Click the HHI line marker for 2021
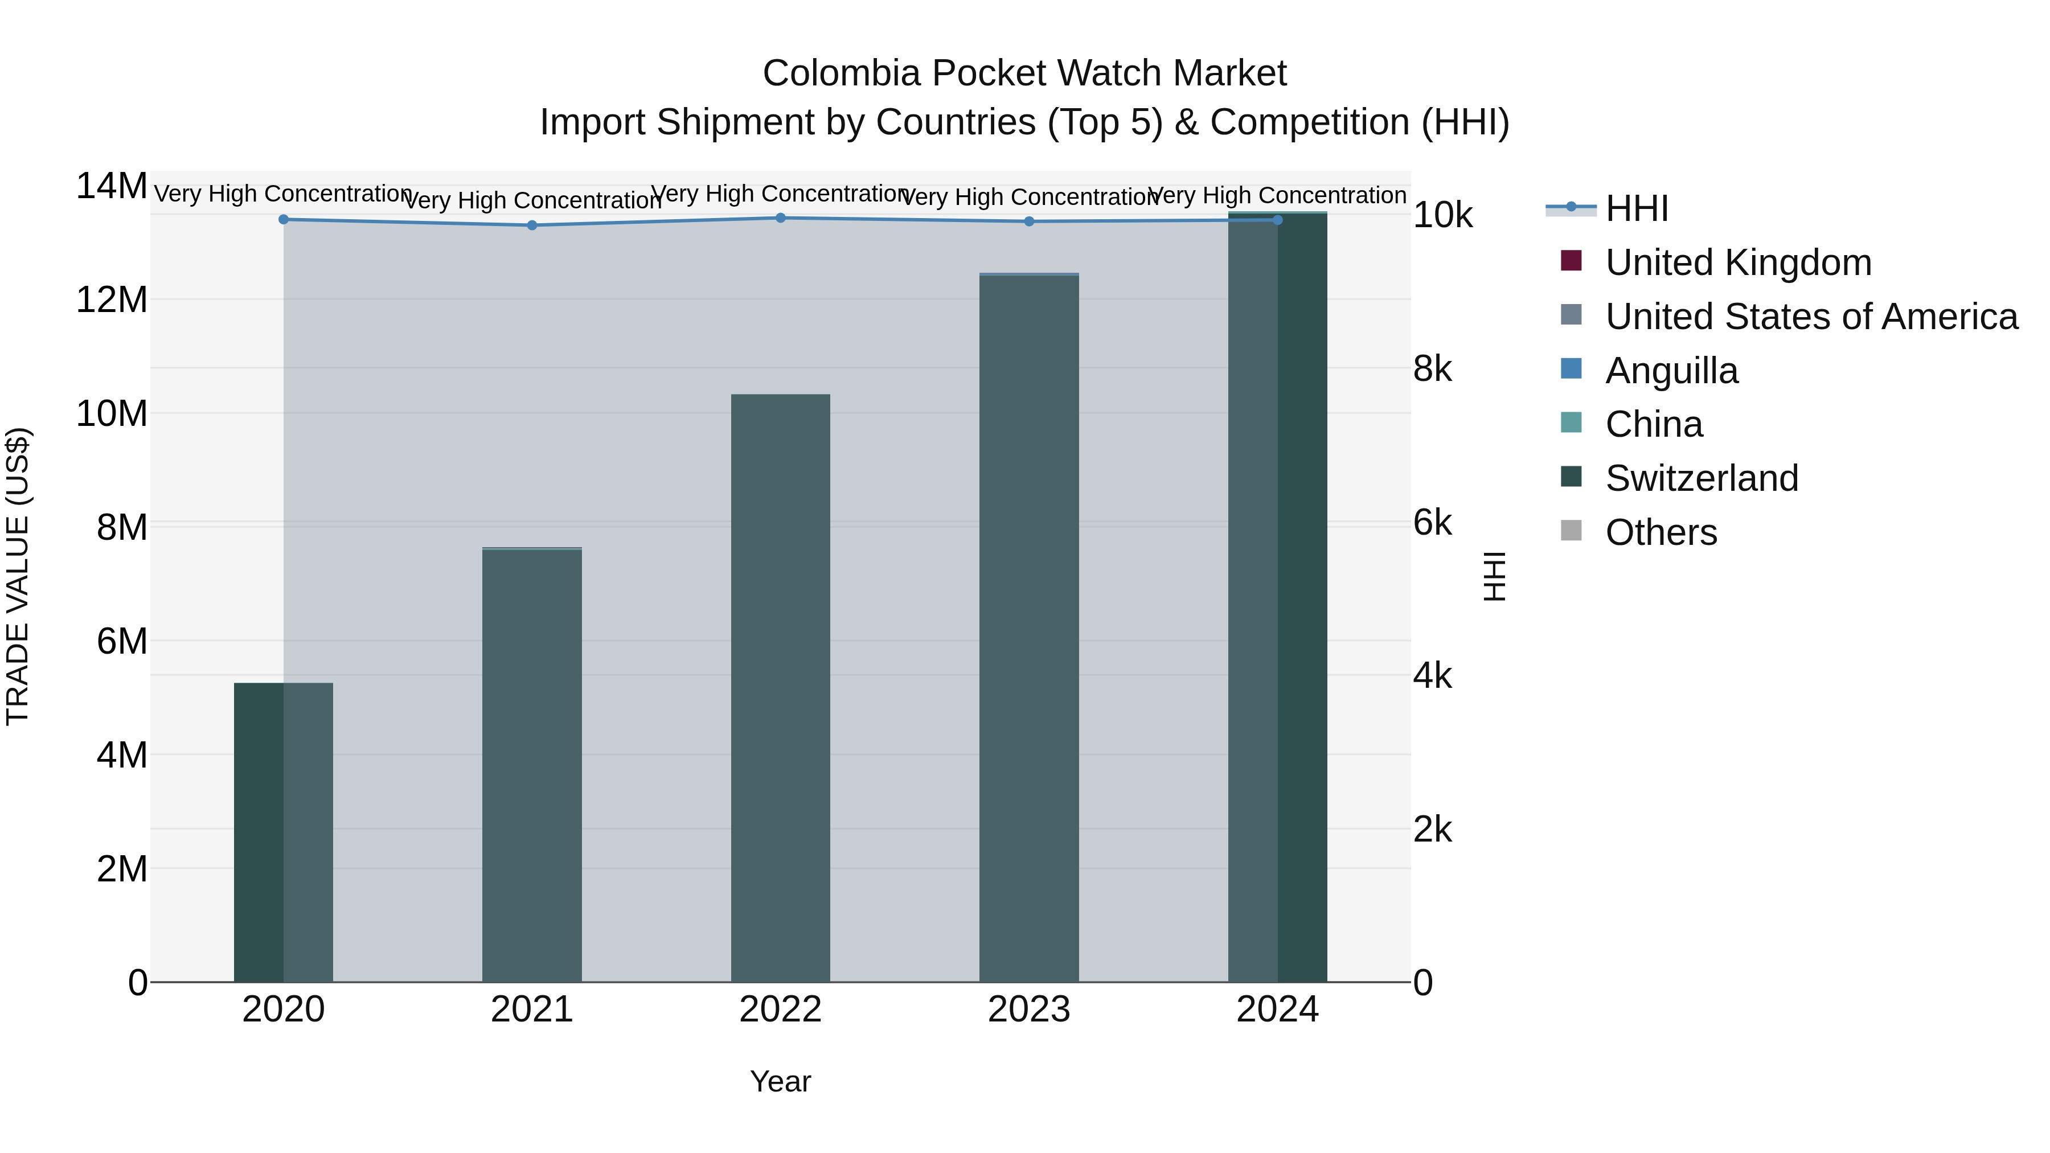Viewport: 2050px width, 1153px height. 532,225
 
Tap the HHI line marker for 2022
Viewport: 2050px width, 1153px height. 780,218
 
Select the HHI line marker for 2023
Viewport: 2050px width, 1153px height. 1029,221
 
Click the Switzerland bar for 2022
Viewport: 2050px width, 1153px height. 780,688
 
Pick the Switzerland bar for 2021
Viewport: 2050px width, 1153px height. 532,765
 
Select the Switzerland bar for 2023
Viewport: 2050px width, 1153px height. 1029,629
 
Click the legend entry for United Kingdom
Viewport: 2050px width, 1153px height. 1737,262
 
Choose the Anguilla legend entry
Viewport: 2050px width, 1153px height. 1671,371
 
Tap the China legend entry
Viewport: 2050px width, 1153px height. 1654,424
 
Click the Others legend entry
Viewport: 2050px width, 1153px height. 1661,532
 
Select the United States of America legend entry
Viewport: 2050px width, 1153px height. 1810,317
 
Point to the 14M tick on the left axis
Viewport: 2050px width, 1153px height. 112,186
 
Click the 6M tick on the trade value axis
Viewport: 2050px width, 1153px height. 122,641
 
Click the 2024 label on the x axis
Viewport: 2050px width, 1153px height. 1277,1010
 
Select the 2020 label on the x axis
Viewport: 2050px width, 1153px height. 284,1010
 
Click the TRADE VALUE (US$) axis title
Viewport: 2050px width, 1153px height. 18,576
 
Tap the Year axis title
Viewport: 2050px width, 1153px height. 780,1081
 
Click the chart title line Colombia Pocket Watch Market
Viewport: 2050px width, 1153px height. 1024,73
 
